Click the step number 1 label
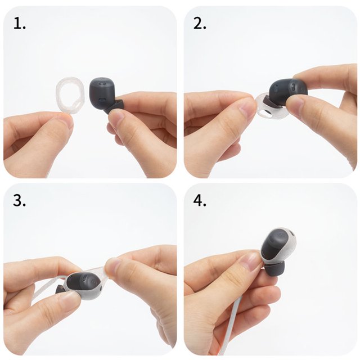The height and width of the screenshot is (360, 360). click(x=20, y=24)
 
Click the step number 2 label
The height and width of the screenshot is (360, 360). click(x=200, y=24)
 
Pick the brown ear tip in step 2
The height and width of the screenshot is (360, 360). click(x=269, y=102)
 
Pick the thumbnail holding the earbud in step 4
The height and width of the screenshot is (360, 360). click(x=253, y=260)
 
